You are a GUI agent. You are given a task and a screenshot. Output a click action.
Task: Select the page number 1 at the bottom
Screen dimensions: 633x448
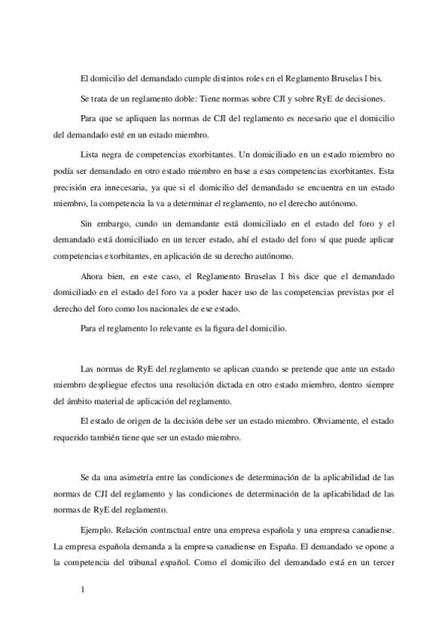(x=84, y=591)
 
